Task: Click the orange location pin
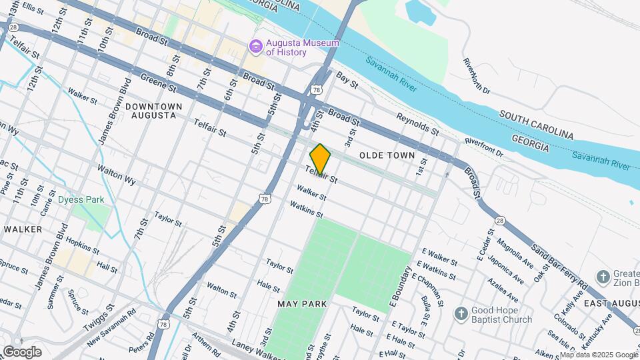320,159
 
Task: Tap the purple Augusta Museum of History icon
255,47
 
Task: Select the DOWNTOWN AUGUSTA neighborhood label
153,111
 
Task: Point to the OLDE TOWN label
387,155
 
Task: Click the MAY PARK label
302,304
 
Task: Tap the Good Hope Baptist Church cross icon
461,314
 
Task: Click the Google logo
22,351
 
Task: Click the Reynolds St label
417,124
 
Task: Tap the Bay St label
347,80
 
